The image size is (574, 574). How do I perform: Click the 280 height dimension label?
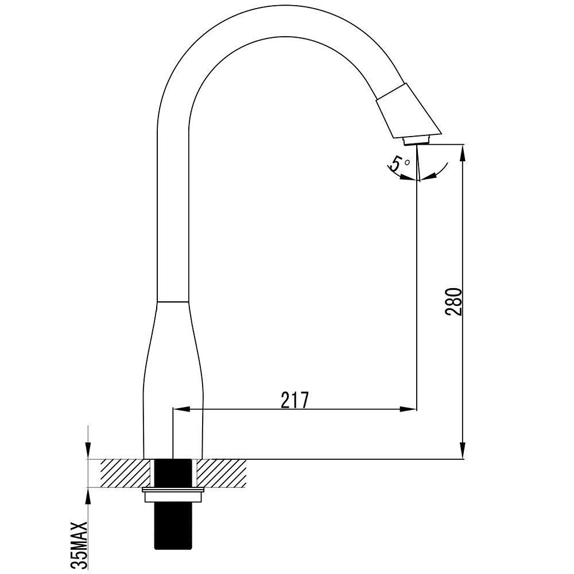tap(453, 302)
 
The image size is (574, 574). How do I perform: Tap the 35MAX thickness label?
tap(79, 545)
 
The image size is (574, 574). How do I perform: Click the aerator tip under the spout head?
tap(417, 141)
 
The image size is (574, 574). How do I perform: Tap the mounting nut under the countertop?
tap(172, 495)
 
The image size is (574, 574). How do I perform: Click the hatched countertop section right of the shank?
tap(222, 473)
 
